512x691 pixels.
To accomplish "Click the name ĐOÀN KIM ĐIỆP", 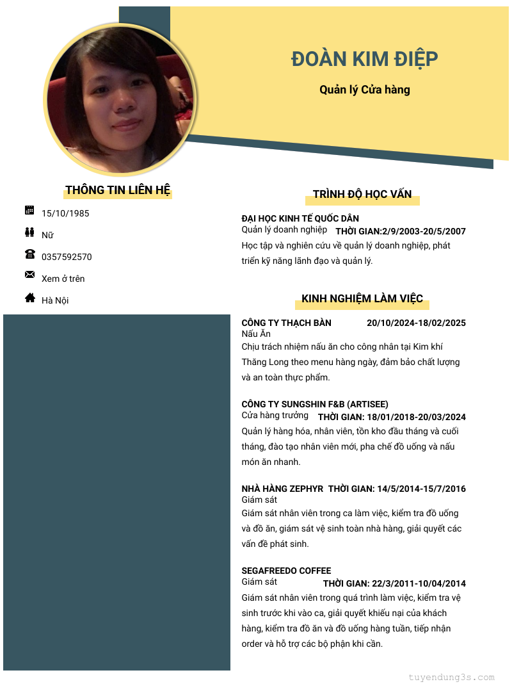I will click(365, 59).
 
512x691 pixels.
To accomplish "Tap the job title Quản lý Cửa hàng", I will click(365, 90).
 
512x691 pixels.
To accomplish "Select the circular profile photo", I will click(118, 99).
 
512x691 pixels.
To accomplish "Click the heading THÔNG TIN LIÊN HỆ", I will click(118, 190).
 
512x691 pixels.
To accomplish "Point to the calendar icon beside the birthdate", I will click(29, 210).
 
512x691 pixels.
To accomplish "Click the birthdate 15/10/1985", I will click(65, 213).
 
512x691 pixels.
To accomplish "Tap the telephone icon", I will click(29, 254).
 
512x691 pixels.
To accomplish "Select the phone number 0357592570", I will click(67, 257).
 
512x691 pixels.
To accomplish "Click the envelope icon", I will click(29, 275).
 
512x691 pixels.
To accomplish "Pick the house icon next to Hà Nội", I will click(29, 297).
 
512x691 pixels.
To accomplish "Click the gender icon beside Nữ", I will click(29, 232).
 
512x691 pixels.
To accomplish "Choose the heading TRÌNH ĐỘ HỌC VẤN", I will click(362, 194).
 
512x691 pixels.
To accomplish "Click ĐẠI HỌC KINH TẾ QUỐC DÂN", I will click(300, 218).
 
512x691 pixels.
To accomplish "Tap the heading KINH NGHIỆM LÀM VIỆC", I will click(362, 298).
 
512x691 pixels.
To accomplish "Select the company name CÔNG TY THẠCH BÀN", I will click(286, 323).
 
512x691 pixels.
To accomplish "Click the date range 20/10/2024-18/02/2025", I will click(416, 323).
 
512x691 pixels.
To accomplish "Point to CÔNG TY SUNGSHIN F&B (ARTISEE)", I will click(315, 404).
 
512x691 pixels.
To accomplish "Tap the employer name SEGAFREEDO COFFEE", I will click(286, 571).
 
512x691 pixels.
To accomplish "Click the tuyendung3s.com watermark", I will click(452, 677).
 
